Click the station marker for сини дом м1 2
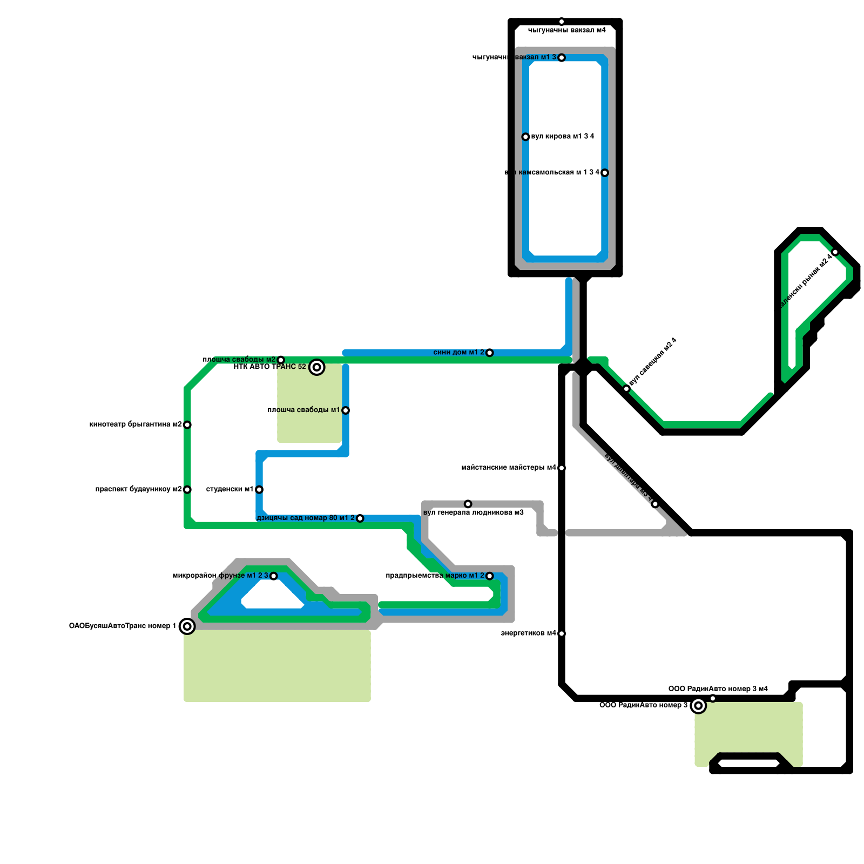[489, 353]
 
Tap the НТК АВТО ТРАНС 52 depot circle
[317, 367]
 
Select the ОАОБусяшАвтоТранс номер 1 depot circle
[187, 626]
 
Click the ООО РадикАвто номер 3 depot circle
[698, 706]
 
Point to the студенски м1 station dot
[259, 489]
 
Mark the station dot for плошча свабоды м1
[346, 410]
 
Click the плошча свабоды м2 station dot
[281, 360]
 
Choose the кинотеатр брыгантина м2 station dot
[187, 424]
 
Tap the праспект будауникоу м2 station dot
[187, 489]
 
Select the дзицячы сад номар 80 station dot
[360, 518]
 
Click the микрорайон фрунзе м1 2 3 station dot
[273, 576]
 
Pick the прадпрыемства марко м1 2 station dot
[489, 576]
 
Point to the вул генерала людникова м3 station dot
[468, 504]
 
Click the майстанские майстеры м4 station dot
[562, 468]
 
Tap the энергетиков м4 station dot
[562, 633]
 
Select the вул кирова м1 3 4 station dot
[525, 137]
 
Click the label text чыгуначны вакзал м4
[566, 30]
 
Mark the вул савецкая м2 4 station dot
[626, 389]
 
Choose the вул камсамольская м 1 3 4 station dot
[605, 173]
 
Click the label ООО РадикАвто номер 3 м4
[718, 689]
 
